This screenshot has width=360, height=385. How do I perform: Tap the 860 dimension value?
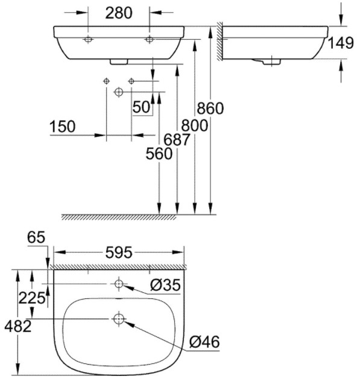[210, 108]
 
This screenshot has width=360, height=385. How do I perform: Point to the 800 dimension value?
[194, 125]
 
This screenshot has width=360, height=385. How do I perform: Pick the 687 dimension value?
[177, 140]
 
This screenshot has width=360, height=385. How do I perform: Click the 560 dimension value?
[159, 154]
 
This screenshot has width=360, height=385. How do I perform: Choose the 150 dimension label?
[63, 127]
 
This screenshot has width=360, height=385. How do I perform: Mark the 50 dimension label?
[142, 107]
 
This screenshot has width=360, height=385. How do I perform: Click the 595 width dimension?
[118, 253]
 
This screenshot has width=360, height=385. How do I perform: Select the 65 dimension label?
[37, 238]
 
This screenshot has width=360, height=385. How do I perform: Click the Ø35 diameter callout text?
[165, 286]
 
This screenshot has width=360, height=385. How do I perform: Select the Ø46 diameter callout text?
[204, 342]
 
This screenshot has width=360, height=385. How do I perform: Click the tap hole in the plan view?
[118, 283]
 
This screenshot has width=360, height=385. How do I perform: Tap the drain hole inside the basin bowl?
[118, 319]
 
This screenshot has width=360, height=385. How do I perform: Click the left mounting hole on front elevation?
[88, 40]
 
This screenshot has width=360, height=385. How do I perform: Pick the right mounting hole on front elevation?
[150, 40]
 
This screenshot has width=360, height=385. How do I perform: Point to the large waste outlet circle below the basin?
[118, 92]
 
